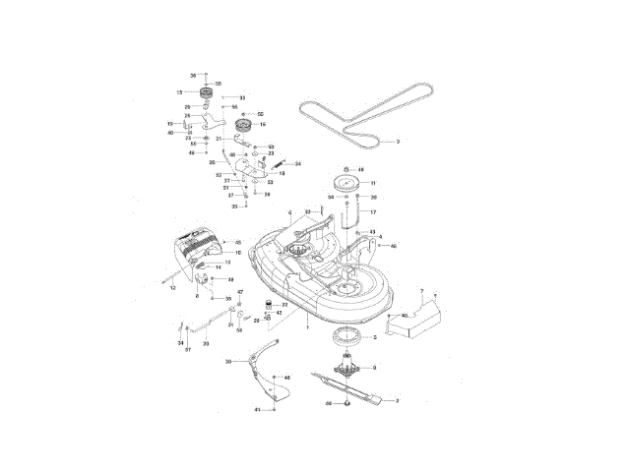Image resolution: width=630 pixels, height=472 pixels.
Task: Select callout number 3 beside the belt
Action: [397, 143]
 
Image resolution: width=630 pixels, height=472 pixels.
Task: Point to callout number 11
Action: [373, 183]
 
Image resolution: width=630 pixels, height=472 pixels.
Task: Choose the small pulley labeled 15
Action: [207, 93]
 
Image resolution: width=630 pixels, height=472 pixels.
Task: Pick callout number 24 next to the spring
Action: [298, 163]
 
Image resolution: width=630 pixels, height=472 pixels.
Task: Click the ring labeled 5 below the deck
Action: [349, 337]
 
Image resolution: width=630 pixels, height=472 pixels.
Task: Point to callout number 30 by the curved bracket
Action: [227, 362]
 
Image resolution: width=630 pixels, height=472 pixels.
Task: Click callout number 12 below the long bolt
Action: [172, 287]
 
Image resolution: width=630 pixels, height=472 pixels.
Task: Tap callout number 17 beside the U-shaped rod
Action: [373, 211]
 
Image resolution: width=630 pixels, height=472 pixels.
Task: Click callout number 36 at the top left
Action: [193, 74]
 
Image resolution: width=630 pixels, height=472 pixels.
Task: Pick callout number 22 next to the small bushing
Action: [284, 305]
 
